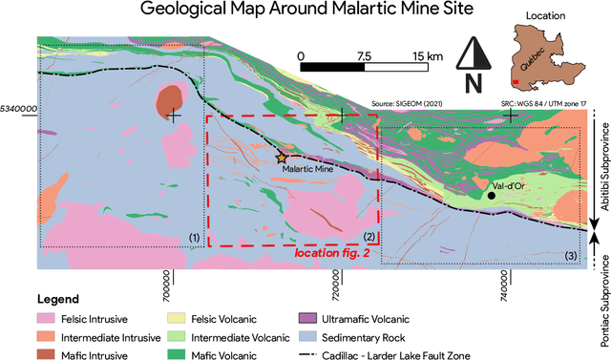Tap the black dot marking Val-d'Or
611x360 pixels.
(x=491, y=195)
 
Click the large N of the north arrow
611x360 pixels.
(x=472, y=83)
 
